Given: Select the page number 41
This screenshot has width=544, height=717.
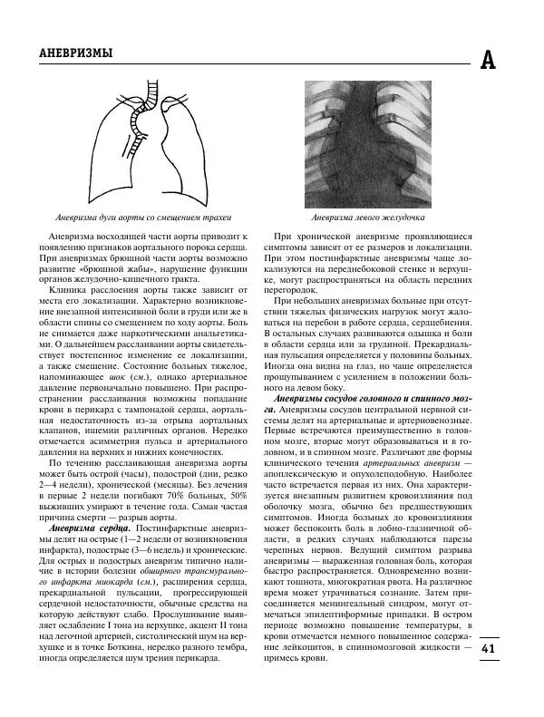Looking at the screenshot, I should [x=488, y=648].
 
